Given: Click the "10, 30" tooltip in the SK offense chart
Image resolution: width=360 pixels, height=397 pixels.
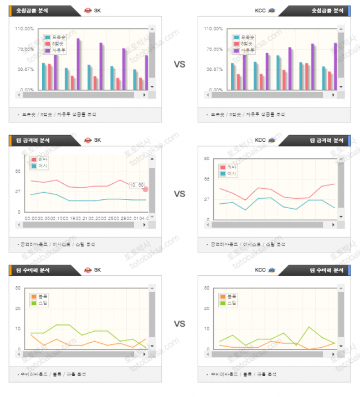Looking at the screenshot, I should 137,185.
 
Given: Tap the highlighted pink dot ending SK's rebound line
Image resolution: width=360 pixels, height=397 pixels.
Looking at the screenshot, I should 146,189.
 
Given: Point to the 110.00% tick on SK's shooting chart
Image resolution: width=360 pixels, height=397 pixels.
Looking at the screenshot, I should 25,29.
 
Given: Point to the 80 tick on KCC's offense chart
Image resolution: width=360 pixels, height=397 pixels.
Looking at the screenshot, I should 206,159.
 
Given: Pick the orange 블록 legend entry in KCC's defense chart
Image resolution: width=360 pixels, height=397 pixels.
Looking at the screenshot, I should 228,297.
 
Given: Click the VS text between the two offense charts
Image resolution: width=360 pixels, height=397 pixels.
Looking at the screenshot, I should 179,194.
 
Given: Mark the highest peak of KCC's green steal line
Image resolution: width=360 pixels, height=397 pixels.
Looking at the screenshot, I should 309,327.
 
